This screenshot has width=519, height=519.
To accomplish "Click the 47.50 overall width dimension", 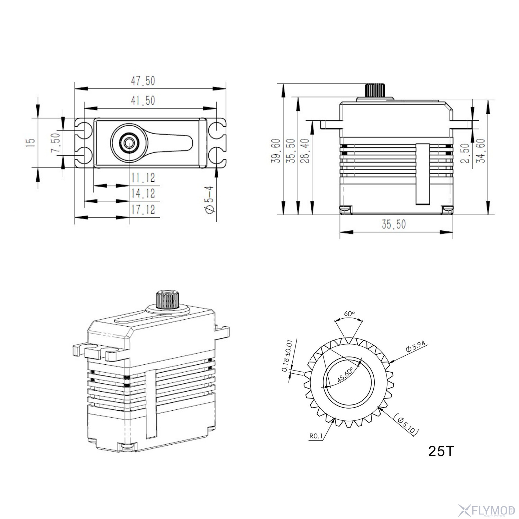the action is coord(143,81).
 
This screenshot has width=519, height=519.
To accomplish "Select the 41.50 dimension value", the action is coord(143,101).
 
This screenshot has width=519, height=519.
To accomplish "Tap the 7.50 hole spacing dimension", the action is coord(56,143).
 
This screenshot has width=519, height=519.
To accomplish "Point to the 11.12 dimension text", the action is coord(143,178).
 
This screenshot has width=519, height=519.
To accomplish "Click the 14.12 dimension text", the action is coord(143,193).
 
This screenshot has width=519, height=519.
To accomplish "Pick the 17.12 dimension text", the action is coord(143,209).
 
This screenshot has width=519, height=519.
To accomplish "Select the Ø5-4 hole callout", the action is coord(210,200).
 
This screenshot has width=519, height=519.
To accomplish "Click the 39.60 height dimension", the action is coord(276,151).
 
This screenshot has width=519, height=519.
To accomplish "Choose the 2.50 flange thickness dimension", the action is coord(466,153).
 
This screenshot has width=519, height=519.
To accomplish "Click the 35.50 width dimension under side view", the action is coord(394,224).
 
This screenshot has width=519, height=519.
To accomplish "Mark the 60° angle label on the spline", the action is coord(349,313).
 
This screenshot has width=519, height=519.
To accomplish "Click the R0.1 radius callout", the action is coord(316,436).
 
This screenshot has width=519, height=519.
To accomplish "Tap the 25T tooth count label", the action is coord(440,451).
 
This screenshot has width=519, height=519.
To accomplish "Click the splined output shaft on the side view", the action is coord(376,90).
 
